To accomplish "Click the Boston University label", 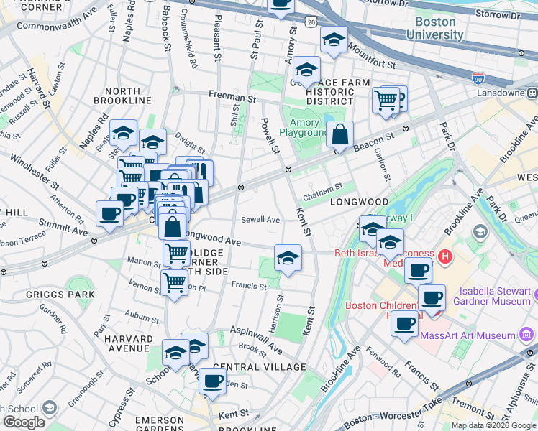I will tap(430, 27).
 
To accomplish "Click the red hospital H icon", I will tap(445, 255).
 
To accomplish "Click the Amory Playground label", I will tap(305, 127).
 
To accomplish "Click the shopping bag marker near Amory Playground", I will tap(339, 134).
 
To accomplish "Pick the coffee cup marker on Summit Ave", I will tap(109, 213).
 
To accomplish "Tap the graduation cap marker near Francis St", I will tap(287, 258).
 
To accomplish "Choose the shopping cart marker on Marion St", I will tap(176, 253).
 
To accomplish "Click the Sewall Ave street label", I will tap(260, 219).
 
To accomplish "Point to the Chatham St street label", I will tap(322, 190).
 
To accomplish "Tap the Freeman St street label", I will tap(232, 96).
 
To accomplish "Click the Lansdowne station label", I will tap(503, 93).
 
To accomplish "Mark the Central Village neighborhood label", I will tap(249, 367).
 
